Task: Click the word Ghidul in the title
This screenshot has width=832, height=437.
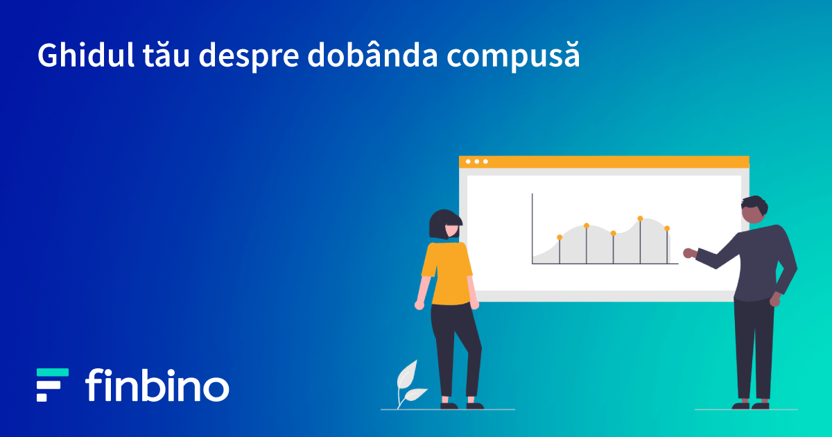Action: [86, 55]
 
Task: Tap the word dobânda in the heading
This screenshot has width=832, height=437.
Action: [372, 54]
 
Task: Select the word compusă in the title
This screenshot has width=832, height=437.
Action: [513, 56]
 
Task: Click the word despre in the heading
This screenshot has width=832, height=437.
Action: [249, 56]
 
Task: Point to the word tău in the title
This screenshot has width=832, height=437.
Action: [166, 55]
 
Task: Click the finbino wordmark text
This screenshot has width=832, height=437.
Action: [157, 385]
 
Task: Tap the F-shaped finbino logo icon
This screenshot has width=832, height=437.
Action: [53, 385]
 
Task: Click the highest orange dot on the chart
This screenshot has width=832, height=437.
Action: [641, 218]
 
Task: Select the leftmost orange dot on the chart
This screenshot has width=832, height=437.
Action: [560, 237]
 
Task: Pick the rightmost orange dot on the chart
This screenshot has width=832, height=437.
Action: [667, 228]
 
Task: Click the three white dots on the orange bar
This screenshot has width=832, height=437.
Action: [477, 162]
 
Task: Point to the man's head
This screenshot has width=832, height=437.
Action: [754, 210]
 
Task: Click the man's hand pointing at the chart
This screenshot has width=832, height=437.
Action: [689, 253]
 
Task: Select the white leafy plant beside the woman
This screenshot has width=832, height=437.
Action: [410, 384]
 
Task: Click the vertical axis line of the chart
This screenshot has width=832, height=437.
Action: [532, 228]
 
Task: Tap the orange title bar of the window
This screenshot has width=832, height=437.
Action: [604, 162]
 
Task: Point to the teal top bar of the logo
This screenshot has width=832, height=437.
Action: [53, 372]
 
